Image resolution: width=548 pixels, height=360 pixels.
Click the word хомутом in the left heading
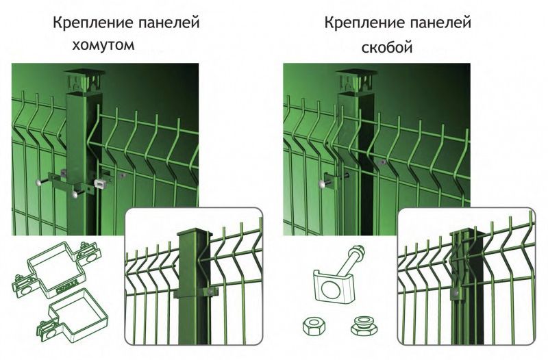(x=103, y=45)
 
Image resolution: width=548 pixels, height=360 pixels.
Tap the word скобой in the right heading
(x=387, y=47)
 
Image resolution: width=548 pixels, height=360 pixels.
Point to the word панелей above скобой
(x=440, y=23)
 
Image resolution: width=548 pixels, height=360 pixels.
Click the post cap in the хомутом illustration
(x=84, y=79)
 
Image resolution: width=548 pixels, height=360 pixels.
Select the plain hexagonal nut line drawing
(x=314, y=326)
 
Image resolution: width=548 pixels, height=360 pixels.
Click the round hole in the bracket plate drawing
(x=330, y=290)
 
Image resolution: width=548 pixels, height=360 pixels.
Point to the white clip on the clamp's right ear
(x=100, y=183)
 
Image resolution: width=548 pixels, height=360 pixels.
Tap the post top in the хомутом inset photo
(x=193, y=232)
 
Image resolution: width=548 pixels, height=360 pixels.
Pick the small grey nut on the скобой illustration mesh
(x=383, y=162)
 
